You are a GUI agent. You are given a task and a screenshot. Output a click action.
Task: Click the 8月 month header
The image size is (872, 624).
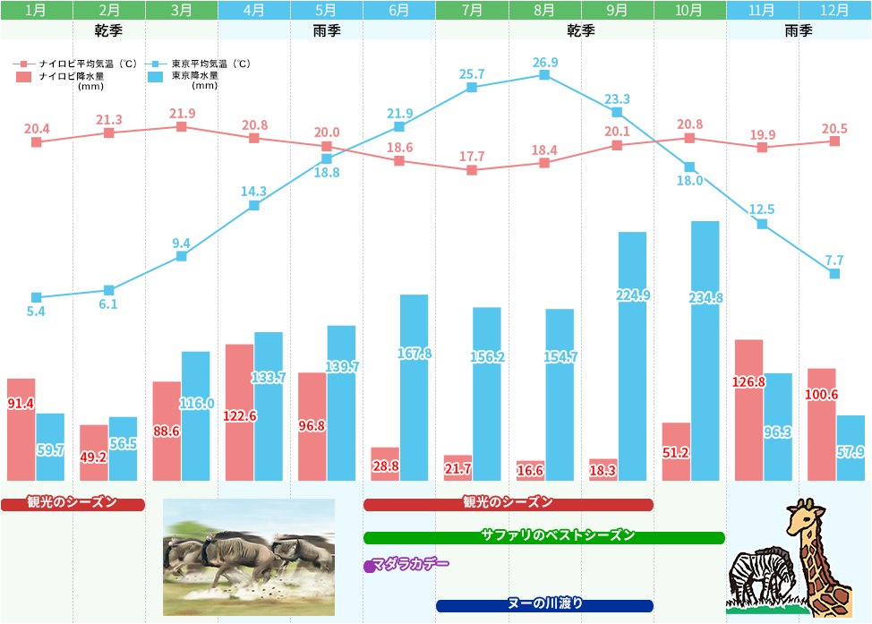tap(544, 11)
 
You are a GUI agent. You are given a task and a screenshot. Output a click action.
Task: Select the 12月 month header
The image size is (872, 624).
tap(834, 11)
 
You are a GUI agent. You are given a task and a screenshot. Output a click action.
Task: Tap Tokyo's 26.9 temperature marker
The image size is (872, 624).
tap(544, 75)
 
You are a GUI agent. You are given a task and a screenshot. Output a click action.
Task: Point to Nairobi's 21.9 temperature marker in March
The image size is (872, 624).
tap(182, 127)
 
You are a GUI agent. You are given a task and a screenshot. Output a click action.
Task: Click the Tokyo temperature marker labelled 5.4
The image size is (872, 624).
tap(37, 297)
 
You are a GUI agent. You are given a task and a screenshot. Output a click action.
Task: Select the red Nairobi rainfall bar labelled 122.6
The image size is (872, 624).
tap(239, 413)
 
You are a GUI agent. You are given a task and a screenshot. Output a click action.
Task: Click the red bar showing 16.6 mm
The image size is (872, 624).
tap(531, 471)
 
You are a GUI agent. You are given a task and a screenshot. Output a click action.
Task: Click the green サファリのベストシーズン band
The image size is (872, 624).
tap(543, 537)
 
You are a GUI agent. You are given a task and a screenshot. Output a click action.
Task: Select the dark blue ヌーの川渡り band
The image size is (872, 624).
tap(544, 605)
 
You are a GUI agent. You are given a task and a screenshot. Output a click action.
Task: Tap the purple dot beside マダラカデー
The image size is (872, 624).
tap(369, 566)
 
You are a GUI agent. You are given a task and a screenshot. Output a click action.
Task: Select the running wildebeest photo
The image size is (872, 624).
tap(249, 557)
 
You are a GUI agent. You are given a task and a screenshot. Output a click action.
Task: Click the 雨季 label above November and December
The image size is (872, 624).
tap(798, 30)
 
